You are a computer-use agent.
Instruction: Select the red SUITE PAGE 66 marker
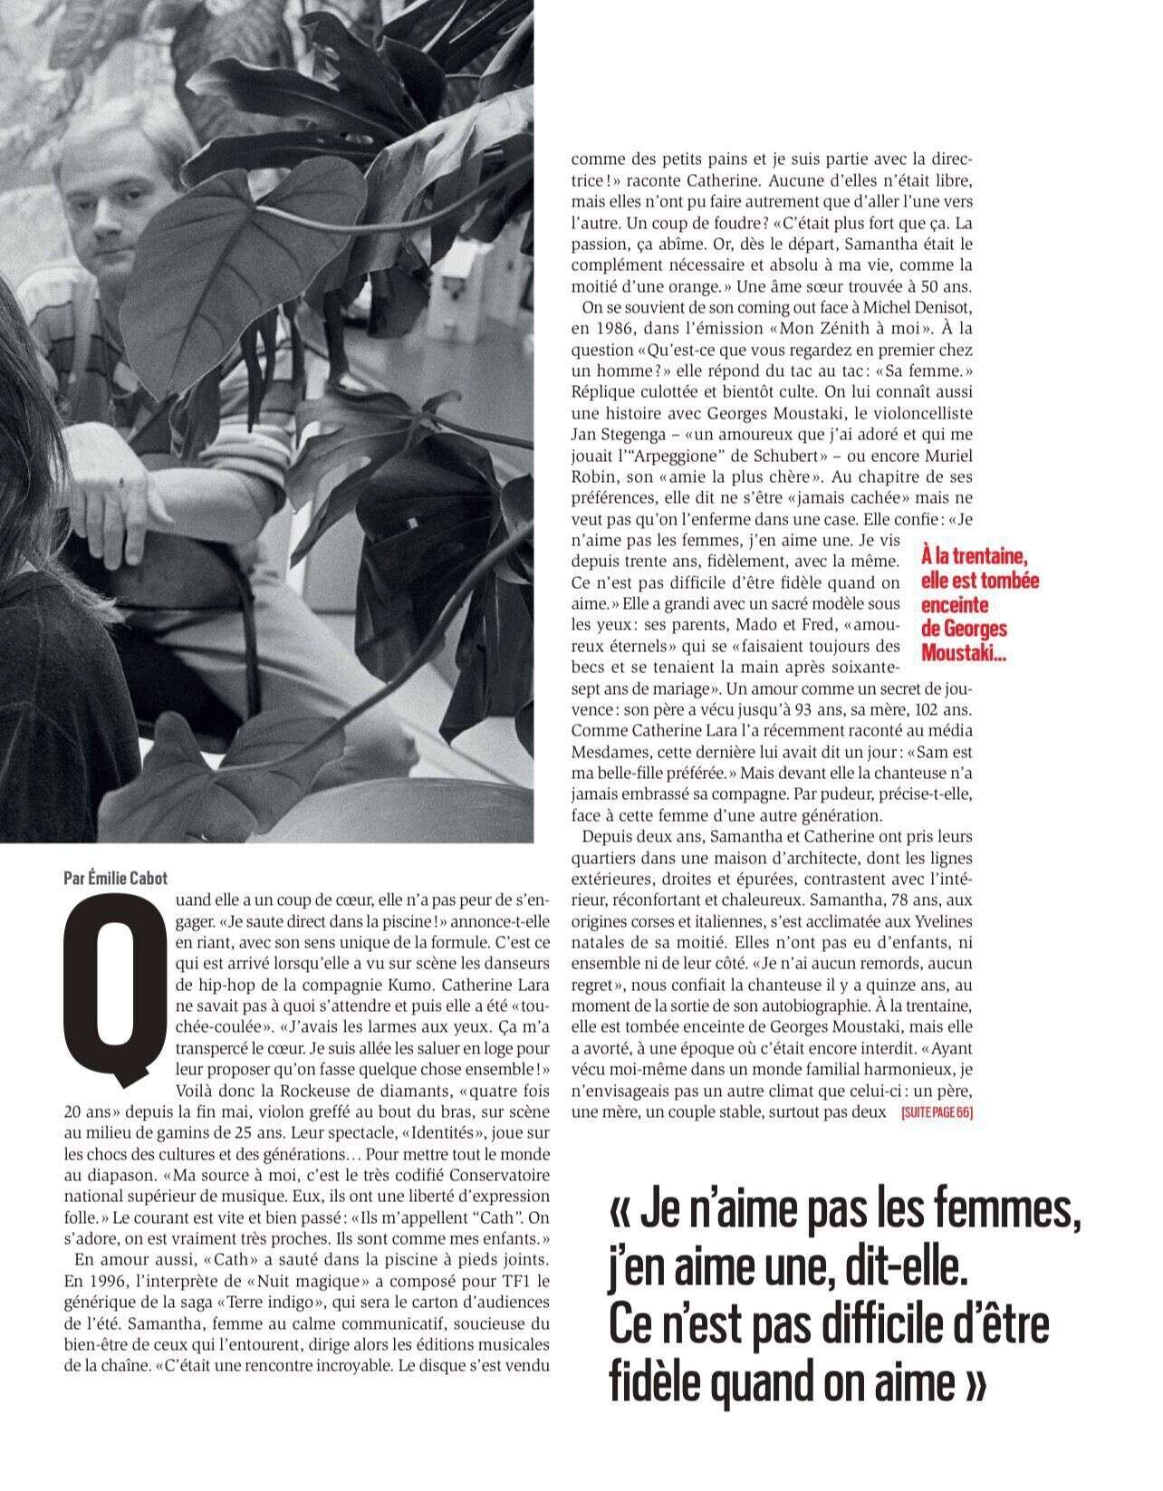coord(937,1113)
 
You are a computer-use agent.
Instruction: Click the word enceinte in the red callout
coord(955,604)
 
